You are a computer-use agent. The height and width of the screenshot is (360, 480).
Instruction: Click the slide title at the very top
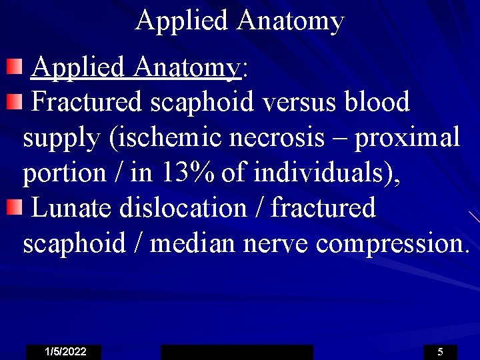click(239, 21)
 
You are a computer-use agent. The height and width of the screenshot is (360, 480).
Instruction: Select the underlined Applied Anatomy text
click(135, 67)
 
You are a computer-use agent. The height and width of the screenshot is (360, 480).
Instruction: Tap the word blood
click(377, 102)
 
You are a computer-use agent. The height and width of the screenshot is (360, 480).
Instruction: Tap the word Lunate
click(71, 208)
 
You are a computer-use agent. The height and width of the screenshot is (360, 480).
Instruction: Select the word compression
click(392, 244)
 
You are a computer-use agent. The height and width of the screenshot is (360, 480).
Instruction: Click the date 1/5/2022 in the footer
click(65, 352)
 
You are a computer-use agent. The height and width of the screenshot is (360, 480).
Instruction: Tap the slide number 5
click(440, 352)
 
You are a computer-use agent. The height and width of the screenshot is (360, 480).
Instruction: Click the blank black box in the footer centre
click(237, 352)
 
